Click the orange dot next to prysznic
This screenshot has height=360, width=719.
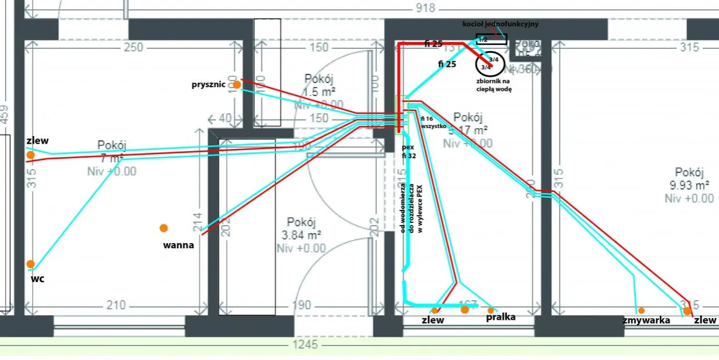point(237,85)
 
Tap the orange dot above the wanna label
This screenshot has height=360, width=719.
point(164,228)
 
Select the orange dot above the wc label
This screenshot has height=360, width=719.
point(30,264)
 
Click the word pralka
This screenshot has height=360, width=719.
point(501,318)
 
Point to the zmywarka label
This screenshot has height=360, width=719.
point(646,320)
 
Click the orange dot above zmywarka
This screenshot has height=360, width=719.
point(641,311)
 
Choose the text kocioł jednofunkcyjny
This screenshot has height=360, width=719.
point(500,24)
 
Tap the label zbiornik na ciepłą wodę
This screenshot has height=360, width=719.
point(491,86)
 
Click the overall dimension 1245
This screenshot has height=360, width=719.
point(305,344)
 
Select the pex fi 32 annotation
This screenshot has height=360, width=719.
point(407,152)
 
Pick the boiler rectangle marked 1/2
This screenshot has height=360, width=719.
point(491,40)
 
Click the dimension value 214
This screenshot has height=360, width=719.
point(198,222)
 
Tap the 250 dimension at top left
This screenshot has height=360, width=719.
point(133,47)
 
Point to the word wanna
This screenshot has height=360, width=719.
point(179,245)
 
